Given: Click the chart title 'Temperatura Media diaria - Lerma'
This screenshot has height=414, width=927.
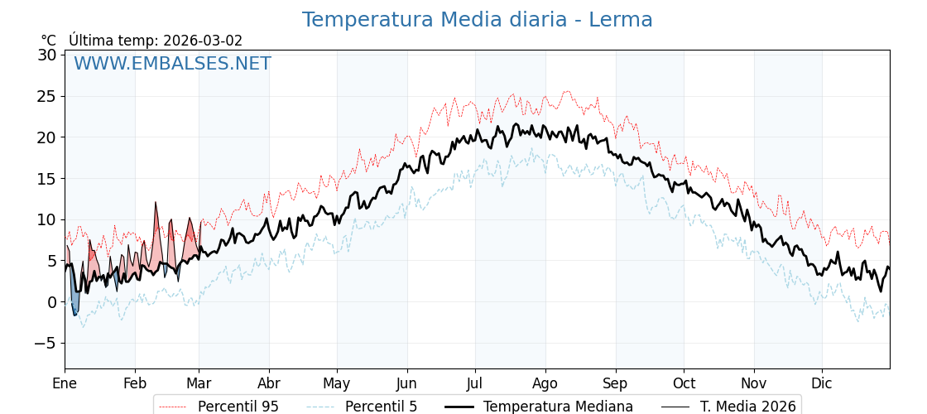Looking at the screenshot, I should click(477, 20).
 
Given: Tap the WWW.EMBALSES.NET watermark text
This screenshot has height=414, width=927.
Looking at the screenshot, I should click(172, 64).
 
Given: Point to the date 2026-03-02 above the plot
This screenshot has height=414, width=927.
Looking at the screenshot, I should click(203, 41).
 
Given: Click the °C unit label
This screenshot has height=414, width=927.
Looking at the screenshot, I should click(49, 41).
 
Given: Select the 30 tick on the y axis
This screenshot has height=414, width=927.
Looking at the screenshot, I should click(46, 55).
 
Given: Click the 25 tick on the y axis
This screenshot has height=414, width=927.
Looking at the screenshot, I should click(46, 96).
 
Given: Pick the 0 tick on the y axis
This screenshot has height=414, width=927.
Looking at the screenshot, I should click(51, 302).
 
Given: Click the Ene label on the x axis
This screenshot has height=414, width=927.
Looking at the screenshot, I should click(65, 383).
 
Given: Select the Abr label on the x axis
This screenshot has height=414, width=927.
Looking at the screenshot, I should click(269, 383).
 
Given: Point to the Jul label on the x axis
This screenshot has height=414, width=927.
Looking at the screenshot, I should click(475, 383).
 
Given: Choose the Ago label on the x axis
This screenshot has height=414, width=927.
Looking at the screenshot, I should click(545, 383).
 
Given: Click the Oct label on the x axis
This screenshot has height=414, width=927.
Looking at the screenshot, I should click(684, 383).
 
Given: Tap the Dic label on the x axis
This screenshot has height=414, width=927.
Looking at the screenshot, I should click(822, 383).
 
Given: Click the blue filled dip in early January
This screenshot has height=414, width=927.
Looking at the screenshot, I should click(74, 301).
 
